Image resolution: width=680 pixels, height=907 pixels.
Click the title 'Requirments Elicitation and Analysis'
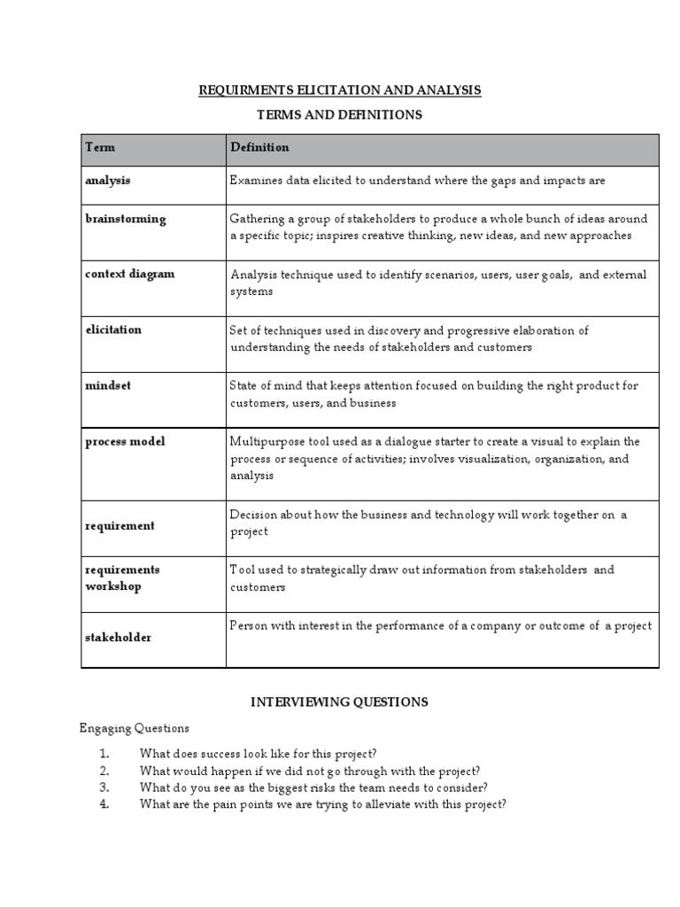coord(340,90)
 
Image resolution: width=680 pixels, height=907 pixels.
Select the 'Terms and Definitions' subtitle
coord(339,115)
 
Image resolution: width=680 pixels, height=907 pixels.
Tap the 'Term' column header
coord(100,147)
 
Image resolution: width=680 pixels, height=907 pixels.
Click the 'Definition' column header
coord(259,147)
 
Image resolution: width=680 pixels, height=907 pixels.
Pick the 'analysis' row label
coord(107,180)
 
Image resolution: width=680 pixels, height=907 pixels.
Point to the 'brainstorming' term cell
coord(125,219)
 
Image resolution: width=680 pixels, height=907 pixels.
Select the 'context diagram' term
coord(129,274)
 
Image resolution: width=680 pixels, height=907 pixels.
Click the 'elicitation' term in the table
coord(112,329)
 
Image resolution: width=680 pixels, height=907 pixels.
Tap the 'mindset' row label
coord(107,386)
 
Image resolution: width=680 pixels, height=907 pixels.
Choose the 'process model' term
coord(125,442)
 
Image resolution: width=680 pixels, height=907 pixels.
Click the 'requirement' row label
coord(120,525)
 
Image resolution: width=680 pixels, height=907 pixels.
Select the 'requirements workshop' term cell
coord(122,578)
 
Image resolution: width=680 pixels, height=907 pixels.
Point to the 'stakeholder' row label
coord(118,637)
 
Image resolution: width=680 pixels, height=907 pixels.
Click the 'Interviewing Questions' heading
coord(339,702)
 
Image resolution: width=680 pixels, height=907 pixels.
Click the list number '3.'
coord(104,787)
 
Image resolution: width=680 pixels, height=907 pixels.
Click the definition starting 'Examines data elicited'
coord(417,181)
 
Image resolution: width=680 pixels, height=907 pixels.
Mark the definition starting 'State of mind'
coord(433,394)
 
